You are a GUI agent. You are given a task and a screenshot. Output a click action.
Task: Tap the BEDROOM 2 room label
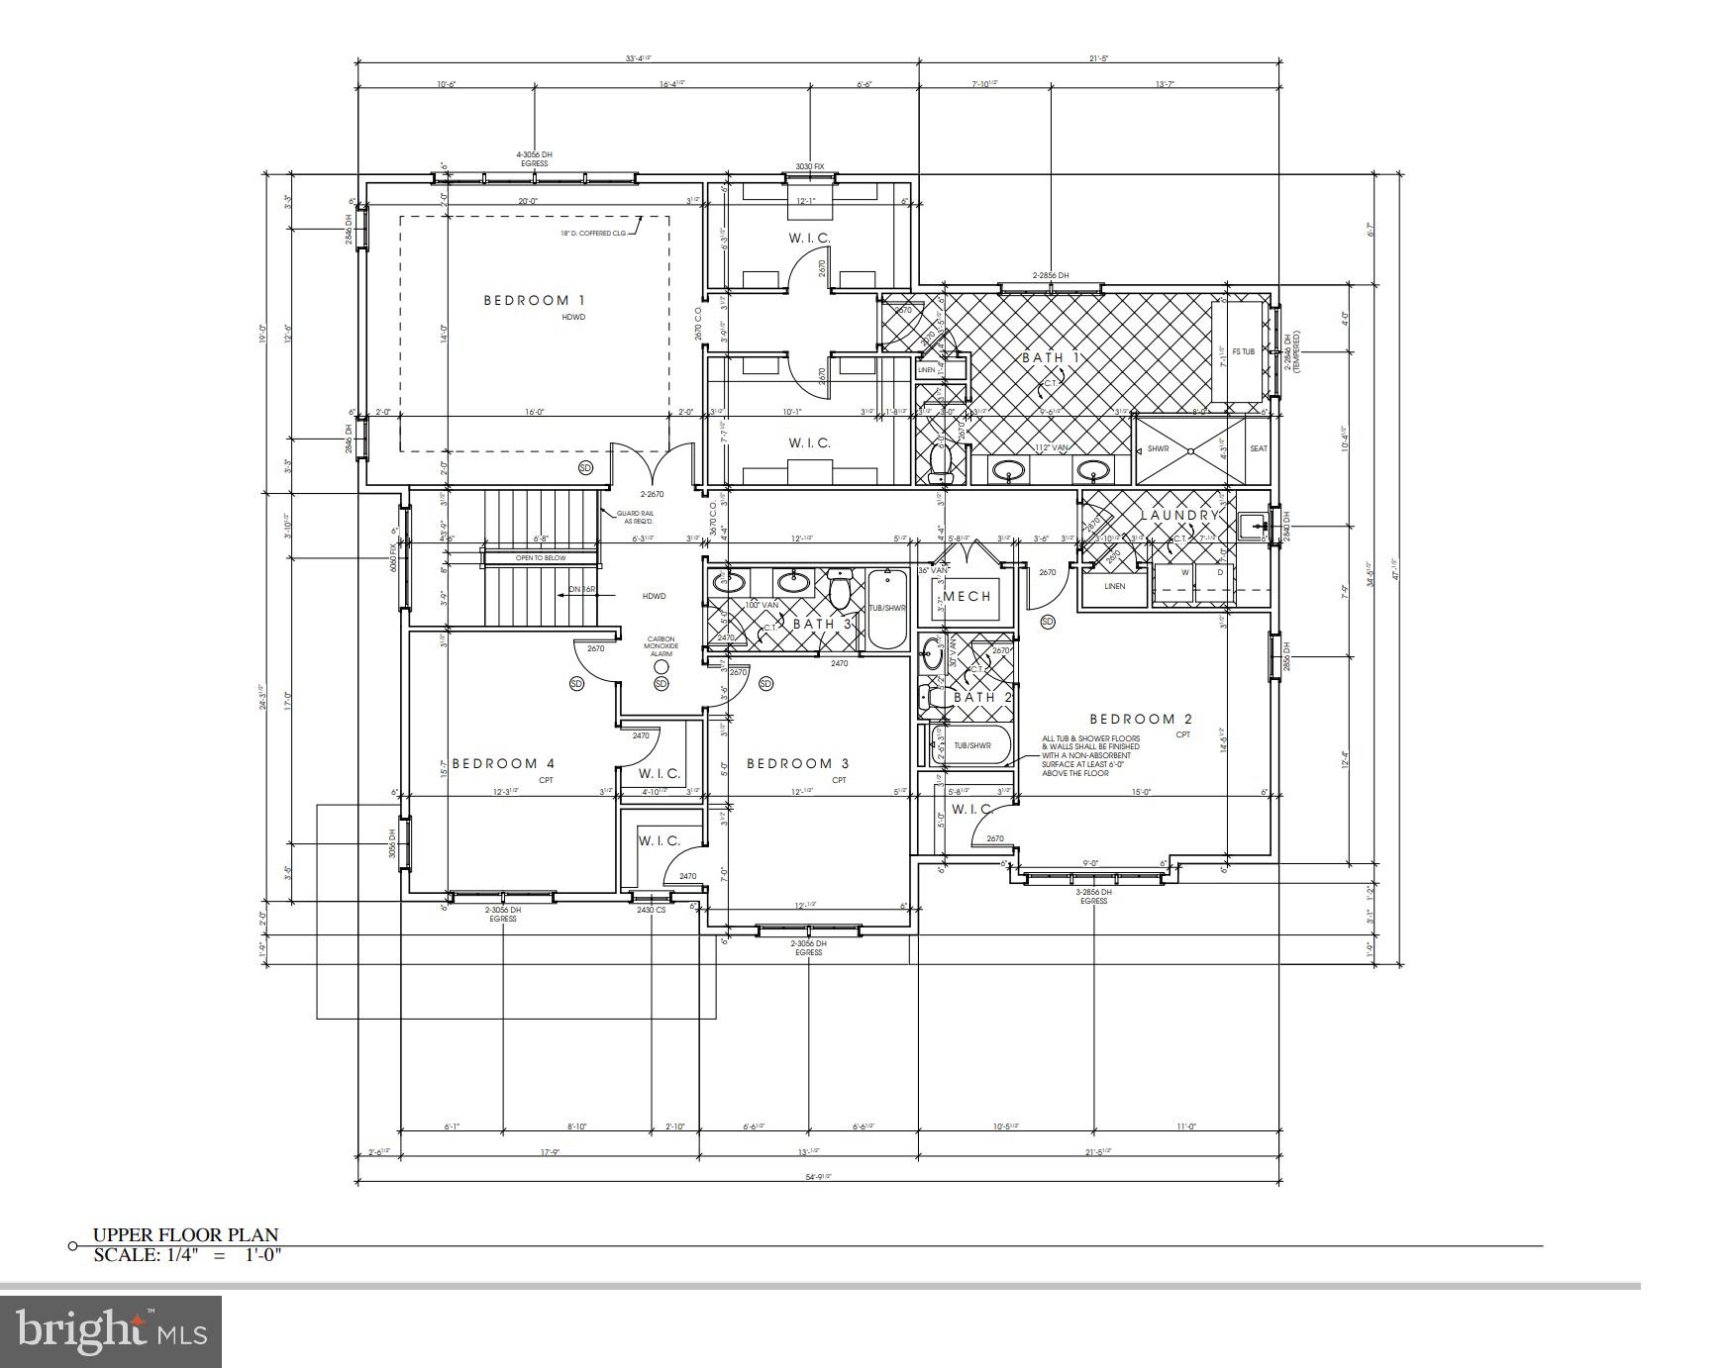click(x=1140, y=719)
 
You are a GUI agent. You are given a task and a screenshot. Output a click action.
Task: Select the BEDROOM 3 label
click(x=797, y=763)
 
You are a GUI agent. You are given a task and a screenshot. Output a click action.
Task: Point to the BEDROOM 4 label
click(x=503, y=763)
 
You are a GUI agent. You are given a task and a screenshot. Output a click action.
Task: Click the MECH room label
click(x=967, y=596)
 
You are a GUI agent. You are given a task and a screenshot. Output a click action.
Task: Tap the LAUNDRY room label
click(x=1177, y=516)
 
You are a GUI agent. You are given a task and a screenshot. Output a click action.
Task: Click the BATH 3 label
click(x=822, y=624)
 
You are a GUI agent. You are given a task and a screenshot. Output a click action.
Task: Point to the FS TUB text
click(x=1243, y=352)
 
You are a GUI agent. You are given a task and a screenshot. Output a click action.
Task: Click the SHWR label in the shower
click(x=1158, y=448)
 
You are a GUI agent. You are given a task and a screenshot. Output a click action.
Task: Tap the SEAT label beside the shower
click(x=1258, y=448)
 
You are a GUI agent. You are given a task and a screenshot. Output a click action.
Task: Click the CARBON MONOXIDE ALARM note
click(x=662, y=646)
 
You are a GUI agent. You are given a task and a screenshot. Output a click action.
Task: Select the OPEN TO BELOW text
click(x=541, y=558)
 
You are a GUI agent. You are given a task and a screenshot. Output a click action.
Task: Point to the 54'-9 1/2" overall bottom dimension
click(x=818, y=1177)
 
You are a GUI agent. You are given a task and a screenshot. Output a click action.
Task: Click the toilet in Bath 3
click(x=841, y=591)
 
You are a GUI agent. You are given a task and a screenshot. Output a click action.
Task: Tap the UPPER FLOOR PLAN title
click(x=185, y=1234)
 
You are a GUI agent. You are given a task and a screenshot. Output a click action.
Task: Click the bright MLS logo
click(x=111, y=1331)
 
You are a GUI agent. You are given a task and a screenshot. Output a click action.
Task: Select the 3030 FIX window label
click(x=810, y=167)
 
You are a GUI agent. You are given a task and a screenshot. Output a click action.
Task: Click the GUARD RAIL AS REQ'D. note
click(x=635, y=517)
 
